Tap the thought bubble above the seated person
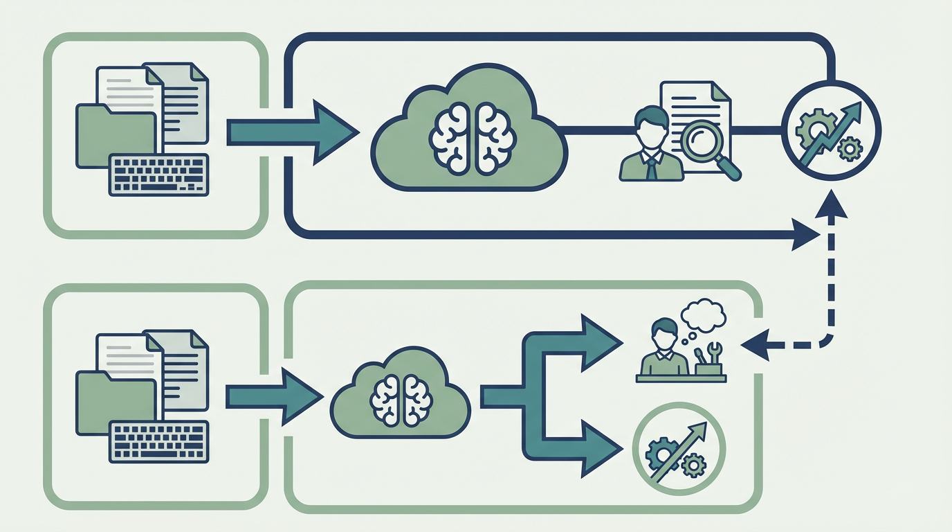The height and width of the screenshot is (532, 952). pos(704,315)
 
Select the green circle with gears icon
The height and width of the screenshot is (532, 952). pos(679,450)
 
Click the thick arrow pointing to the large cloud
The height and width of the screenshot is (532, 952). pos(294,132)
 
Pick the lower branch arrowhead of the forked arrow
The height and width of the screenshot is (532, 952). pos(599,448)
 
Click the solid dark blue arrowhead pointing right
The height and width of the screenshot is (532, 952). pos(805,235)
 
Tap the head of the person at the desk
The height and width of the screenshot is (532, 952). pos(662,331)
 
